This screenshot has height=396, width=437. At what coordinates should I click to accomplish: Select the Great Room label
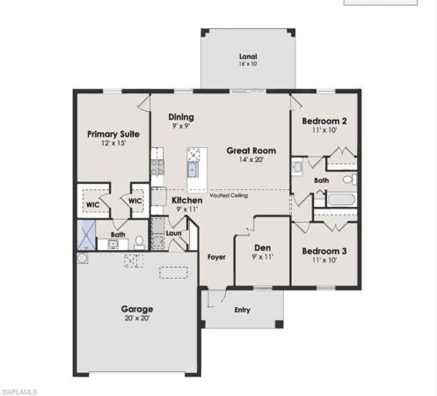click(x=245, y=150)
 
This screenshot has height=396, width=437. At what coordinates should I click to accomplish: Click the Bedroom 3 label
click(x=324, y=251)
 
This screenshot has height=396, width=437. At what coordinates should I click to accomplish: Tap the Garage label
click(x=137, y=309)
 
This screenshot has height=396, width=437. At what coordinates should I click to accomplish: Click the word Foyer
click(x=216, y=257)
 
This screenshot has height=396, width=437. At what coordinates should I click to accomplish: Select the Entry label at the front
click(x=242, y=309)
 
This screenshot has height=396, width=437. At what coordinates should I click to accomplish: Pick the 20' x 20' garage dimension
click(x=137, y=319)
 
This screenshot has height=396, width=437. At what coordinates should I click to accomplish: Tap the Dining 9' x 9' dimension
click(x=180, y=127)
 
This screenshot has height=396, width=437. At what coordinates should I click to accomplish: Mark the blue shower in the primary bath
click(x=86, y=233)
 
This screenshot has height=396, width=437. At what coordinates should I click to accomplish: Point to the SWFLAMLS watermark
click(x=19, y=388)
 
